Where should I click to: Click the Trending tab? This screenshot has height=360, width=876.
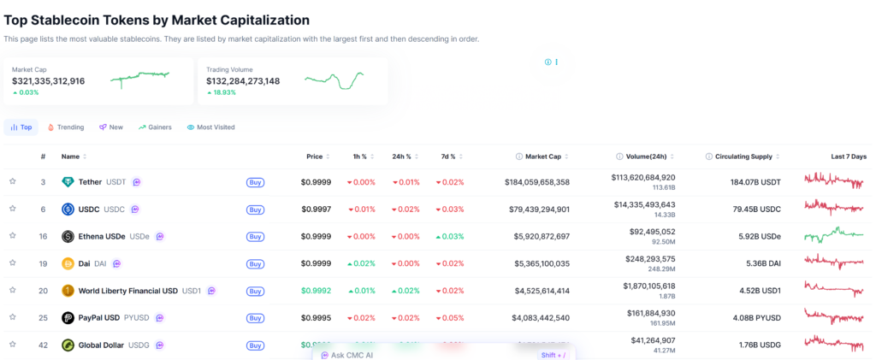click(x=66, y=127)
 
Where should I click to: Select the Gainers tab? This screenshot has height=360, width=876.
click(x=155, y=127)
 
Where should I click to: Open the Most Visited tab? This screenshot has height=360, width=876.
click(x=210, y=127)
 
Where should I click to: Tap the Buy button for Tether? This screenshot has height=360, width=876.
click(x=255, y=182)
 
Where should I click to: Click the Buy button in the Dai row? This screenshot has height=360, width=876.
click(x=255, y=264)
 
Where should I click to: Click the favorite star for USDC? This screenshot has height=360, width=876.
click(x=13, y=209)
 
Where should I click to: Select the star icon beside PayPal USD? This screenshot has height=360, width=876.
click(x=13, y=317)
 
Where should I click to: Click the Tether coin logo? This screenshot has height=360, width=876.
click(x=68, y=182)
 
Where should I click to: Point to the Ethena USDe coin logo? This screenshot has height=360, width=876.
click(x=68, y=236)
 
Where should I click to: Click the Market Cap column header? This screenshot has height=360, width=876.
click(x=543, y=156)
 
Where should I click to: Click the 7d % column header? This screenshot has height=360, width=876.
click(x=450, y=156)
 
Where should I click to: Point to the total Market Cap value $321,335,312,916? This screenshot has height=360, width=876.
click(x=49, y=81)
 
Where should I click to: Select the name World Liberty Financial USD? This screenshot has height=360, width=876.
click(x=128, y=291)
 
